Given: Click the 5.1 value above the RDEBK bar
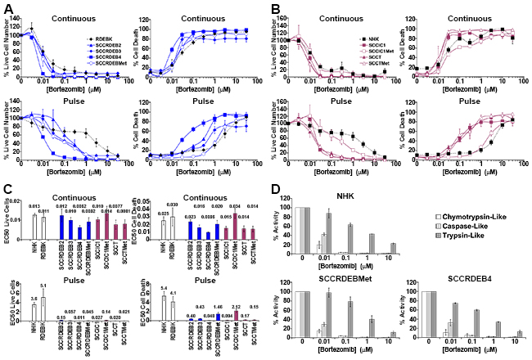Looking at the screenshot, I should click(x=47, y=285).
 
